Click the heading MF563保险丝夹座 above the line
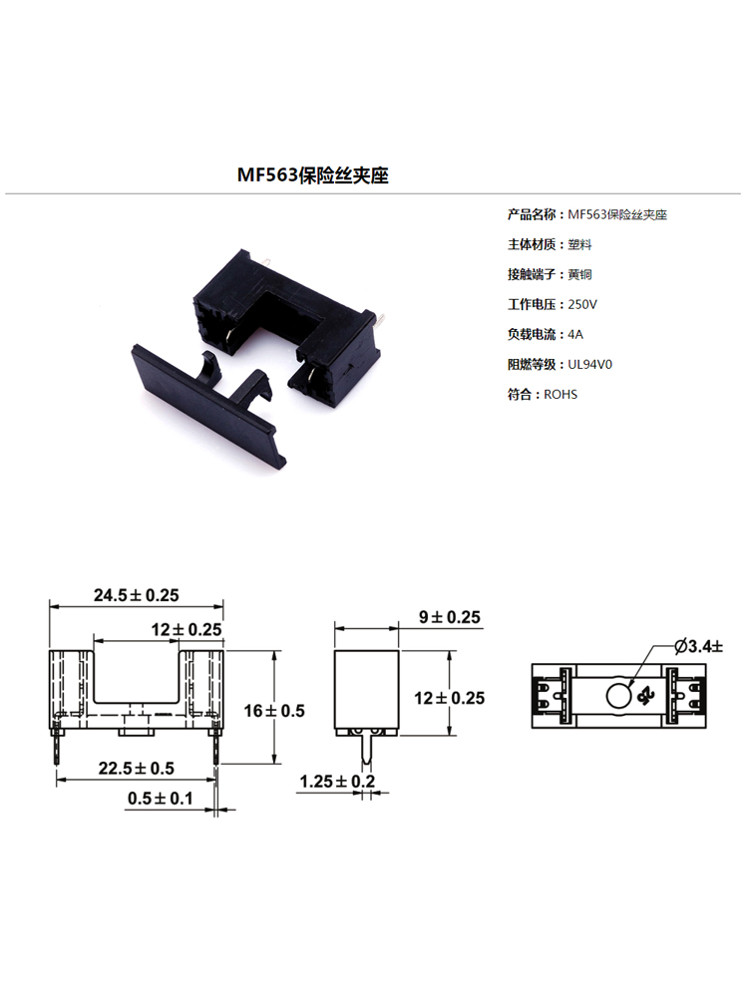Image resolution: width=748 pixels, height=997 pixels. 312,174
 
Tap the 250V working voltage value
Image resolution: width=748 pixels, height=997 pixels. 582,304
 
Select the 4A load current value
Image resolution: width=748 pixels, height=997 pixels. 575,334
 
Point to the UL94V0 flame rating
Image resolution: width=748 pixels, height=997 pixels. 590,364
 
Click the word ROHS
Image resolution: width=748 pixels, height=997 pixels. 561,394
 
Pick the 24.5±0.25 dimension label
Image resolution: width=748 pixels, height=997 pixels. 137,595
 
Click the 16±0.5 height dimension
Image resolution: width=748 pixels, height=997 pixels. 274,710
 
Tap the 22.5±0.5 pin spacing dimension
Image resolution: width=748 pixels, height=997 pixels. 136,768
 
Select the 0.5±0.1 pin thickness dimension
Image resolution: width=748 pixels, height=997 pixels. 161,798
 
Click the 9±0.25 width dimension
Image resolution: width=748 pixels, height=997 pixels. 450,617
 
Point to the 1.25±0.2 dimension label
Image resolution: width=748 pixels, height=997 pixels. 337,781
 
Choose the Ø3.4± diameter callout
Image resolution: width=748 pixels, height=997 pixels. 699,647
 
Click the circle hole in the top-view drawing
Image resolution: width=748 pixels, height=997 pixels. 619,696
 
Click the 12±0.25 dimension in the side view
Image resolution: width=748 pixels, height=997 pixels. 450,698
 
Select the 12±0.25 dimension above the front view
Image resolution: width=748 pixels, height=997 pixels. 187,629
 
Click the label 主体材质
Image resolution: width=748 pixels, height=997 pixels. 532,244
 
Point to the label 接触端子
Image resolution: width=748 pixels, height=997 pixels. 532,274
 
